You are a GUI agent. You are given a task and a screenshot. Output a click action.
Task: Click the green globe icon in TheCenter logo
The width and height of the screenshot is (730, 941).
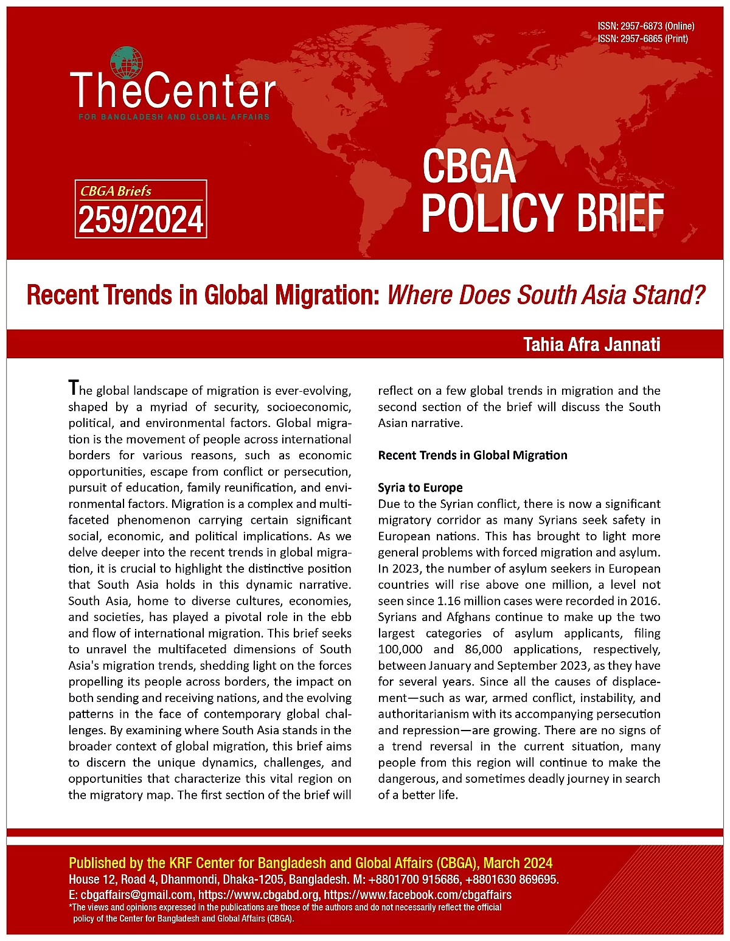click(127, 63)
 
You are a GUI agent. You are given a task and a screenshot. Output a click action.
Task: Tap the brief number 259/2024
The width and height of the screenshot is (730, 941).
click(141, 220)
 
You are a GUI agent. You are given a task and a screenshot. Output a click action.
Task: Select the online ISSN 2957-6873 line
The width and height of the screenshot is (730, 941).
click(645, 26)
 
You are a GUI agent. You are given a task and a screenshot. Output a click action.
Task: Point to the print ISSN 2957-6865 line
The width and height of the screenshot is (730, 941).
click(642, 38)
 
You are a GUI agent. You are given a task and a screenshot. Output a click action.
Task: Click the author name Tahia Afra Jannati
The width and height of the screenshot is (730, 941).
click(591, 344)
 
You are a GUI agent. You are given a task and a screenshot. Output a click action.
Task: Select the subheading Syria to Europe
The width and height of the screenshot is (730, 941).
click(420, 487)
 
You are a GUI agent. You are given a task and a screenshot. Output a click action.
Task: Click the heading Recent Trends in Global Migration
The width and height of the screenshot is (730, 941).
click(473, 455)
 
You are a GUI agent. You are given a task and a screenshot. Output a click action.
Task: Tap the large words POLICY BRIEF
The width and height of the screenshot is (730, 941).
click(542, 212)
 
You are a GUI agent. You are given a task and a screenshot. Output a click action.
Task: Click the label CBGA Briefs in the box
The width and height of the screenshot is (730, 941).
click(116, 191)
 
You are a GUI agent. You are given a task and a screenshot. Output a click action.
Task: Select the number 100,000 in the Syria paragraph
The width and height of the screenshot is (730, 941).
click(400, 649)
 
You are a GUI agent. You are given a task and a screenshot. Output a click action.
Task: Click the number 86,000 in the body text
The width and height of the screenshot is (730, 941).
click(484, 649)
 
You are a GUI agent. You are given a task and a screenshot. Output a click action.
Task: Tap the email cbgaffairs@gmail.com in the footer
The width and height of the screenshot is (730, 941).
click(137, 895)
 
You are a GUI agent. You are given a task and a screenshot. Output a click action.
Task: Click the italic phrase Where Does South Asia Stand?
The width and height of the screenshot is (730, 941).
click(546, 295)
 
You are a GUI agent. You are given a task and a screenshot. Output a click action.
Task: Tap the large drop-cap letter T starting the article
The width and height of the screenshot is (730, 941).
click(74, 387)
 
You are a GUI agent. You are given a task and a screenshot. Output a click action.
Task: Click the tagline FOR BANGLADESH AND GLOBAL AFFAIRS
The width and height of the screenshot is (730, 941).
click(174, 116)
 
